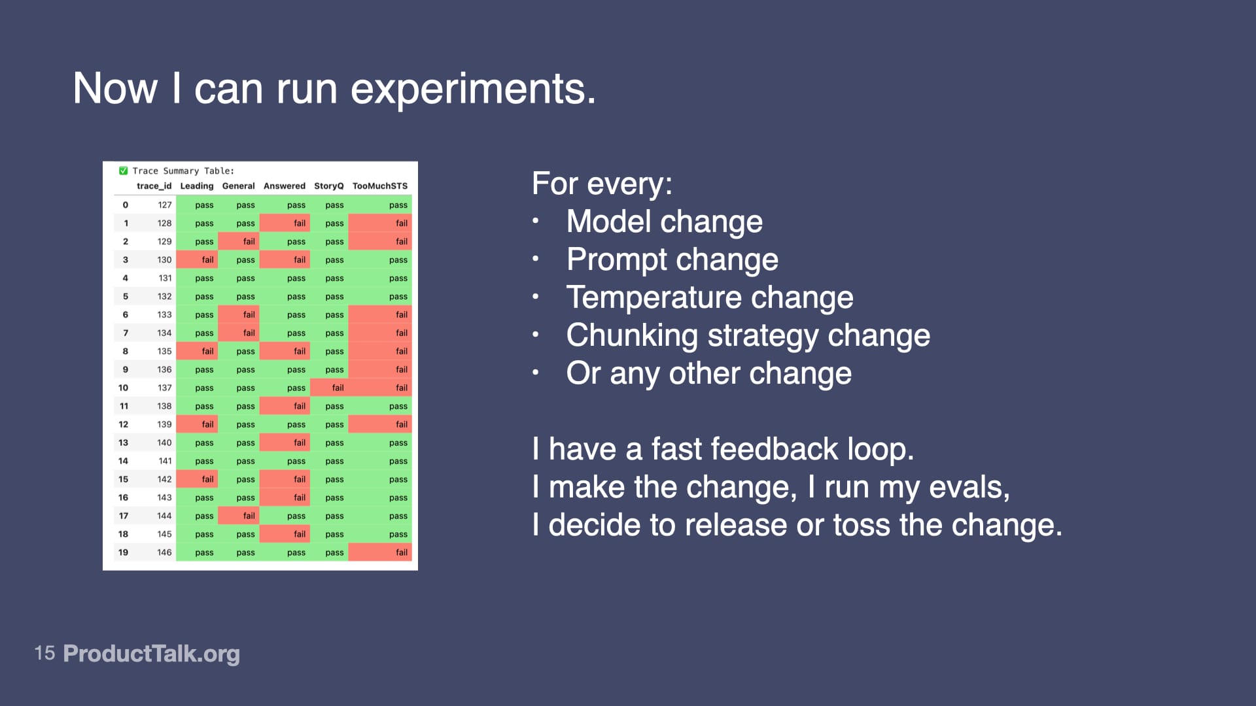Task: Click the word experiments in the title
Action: (x=473, y=89)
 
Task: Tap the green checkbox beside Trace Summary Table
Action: (x=123, y=171)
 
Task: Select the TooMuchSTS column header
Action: (x=379, y=186)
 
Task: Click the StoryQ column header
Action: (x=328, y=186)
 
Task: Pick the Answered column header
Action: (x=284, y=186)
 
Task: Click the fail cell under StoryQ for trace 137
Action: (x=338, y=388)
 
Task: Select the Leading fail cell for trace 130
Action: (x=207, y=260)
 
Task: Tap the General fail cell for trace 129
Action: (x=249, y=241)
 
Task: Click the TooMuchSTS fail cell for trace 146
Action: (x=401, y=552)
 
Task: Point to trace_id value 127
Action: (x=164, y=205)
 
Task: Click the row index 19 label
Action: (x=123, y=552)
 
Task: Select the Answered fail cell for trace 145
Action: (x=299, y=534)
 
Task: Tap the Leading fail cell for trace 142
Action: (x=207, y=479)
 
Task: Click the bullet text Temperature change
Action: (x=709, y=297)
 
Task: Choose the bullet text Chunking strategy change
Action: (x=748, y=335)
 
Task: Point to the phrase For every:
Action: (x=602, y=184)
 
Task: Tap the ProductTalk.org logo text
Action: (x=151, y=653)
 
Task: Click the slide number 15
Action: (x=44, y=653)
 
